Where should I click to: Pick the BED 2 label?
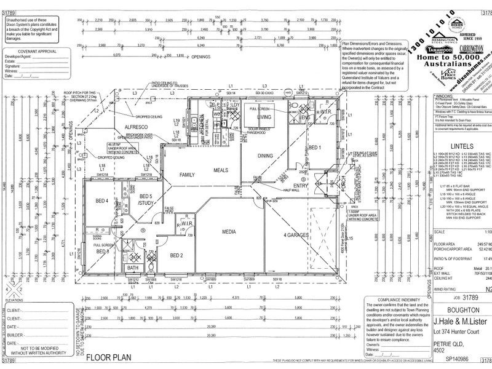177,255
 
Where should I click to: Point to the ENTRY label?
301,185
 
